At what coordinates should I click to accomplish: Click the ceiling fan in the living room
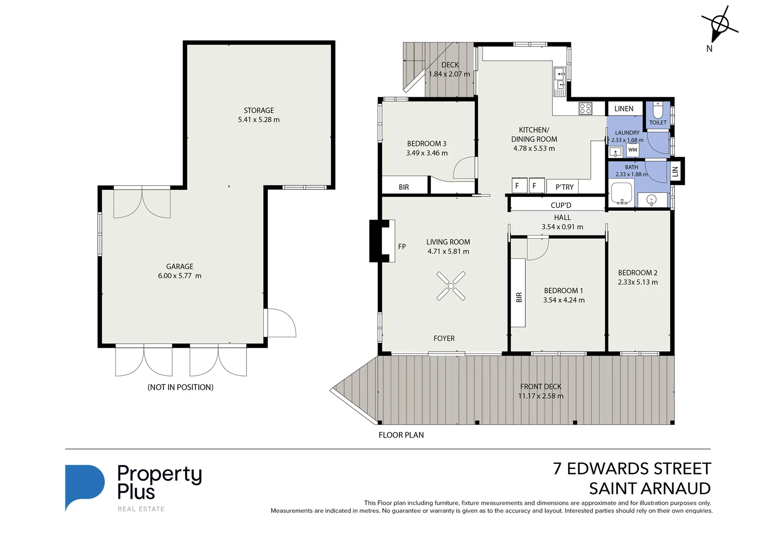coord(451,286)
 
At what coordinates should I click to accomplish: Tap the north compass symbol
coord(720,24)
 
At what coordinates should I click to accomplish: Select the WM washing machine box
coord(632,150)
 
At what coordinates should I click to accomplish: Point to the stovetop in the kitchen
coord(585,108)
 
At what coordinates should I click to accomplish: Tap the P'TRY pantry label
coord(564,187)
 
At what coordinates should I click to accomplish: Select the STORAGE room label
coord(259,110)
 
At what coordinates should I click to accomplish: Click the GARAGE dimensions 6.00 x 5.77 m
coord(180,276)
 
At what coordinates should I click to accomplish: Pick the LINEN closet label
coord(624,109)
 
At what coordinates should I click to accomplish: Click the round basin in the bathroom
coord(652,200)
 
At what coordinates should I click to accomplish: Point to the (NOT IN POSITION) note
coord(180,387)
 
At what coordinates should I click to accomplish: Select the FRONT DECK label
coord(541,386)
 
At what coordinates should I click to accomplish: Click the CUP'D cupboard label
coord(561,205)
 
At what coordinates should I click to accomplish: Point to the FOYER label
coord(444,338)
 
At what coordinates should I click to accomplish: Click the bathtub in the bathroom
coord(622,193)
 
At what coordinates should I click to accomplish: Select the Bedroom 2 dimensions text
coord(638,282)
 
